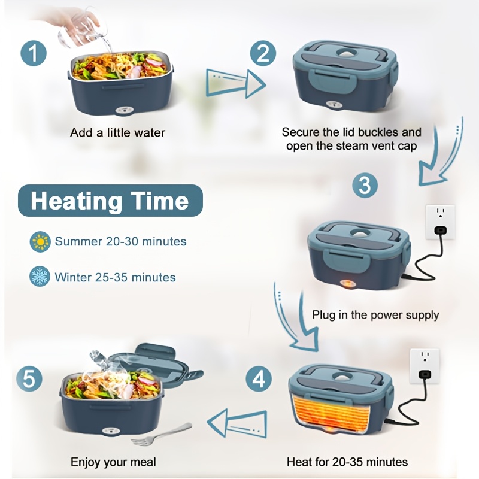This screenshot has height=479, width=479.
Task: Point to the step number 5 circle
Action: tap(29, 378)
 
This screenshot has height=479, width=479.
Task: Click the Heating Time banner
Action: tap(110, 201)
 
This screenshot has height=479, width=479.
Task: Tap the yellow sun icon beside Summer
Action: tap(40, 242)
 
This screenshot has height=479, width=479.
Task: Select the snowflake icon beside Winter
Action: tap(40, 277)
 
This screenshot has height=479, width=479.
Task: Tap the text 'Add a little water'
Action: tap(117, 132)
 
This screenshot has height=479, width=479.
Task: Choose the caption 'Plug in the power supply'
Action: tap(375, 314)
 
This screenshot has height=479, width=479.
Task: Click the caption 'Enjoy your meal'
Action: tap(113, 462)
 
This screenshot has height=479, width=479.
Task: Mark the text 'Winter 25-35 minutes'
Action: tap(115, 277)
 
